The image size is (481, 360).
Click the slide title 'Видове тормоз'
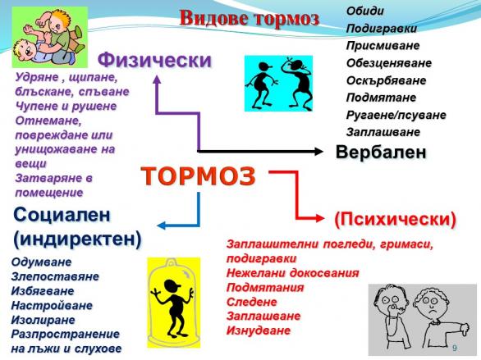[249, 18]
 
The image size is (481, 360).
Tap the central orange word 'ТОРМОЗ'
[198, 176]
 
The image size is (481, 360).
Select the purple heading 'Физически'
[154, 60]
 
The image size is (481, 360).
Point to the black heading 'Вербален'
[381, 152]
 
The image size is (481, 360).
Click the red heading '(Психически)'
[395, 220]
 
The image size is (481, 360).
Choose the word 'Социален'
[62, 215]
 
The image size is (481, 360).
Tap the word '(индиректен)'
[77, 239]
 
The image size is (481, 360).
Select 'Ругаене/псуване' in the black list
[396, 115]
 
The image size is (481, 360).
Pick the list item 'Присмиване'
[383, 46]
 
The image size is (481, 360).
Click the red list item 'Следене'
[251, 302]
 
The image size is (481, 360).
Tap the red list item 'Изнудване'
[259, 330]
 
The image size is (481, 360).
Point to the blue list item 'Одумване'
[41, 262]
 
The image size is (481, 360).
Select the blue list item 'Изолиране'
[44, 320]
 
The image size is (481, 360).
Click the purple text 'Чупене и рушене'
[66, 107]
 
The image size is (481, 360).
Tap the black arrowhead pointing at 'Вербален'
[319, 151]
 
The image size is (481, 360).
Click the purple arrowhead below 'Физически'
[157, 80]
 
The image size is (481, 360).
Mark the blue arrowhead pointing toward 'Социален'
[161, 226]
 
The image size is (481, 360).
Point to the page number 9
[455, 348]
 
